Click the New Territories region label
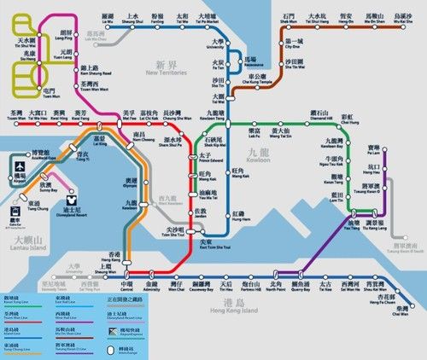tap(167, 69)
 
